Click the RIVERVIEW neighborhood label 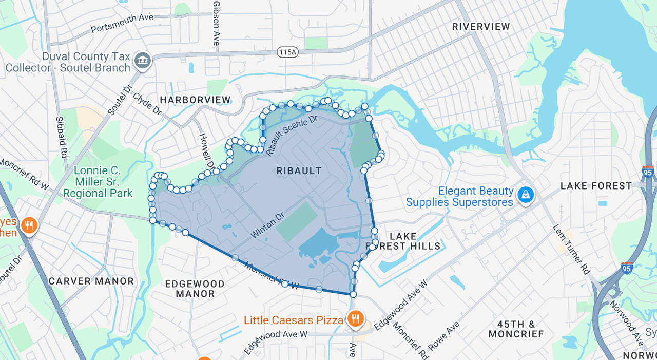coord(481,27)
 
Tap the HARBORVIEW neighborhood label coord(195,99)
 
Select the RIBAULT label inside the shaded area coord(299,170)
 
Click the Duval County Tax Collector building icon coord(142,61)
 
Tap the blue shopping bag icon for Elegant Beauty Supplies coord(526,195)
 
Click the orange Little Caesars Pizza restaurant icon coord(355,319)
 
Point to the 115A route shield coord(287,52)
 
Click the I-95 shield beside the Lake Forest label coord(648,172)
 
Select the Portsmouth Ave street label coord(122,23)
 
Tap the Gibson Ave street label coord(216,23)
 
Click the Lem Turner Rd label coord(570,249)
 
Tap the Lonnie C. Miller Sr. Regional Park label coord(98,182)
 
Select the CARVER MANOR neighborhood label coord(91,281)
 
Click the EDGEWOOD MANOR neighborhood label coord(195,289)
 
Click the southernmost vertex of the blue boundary coord(353,294)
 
